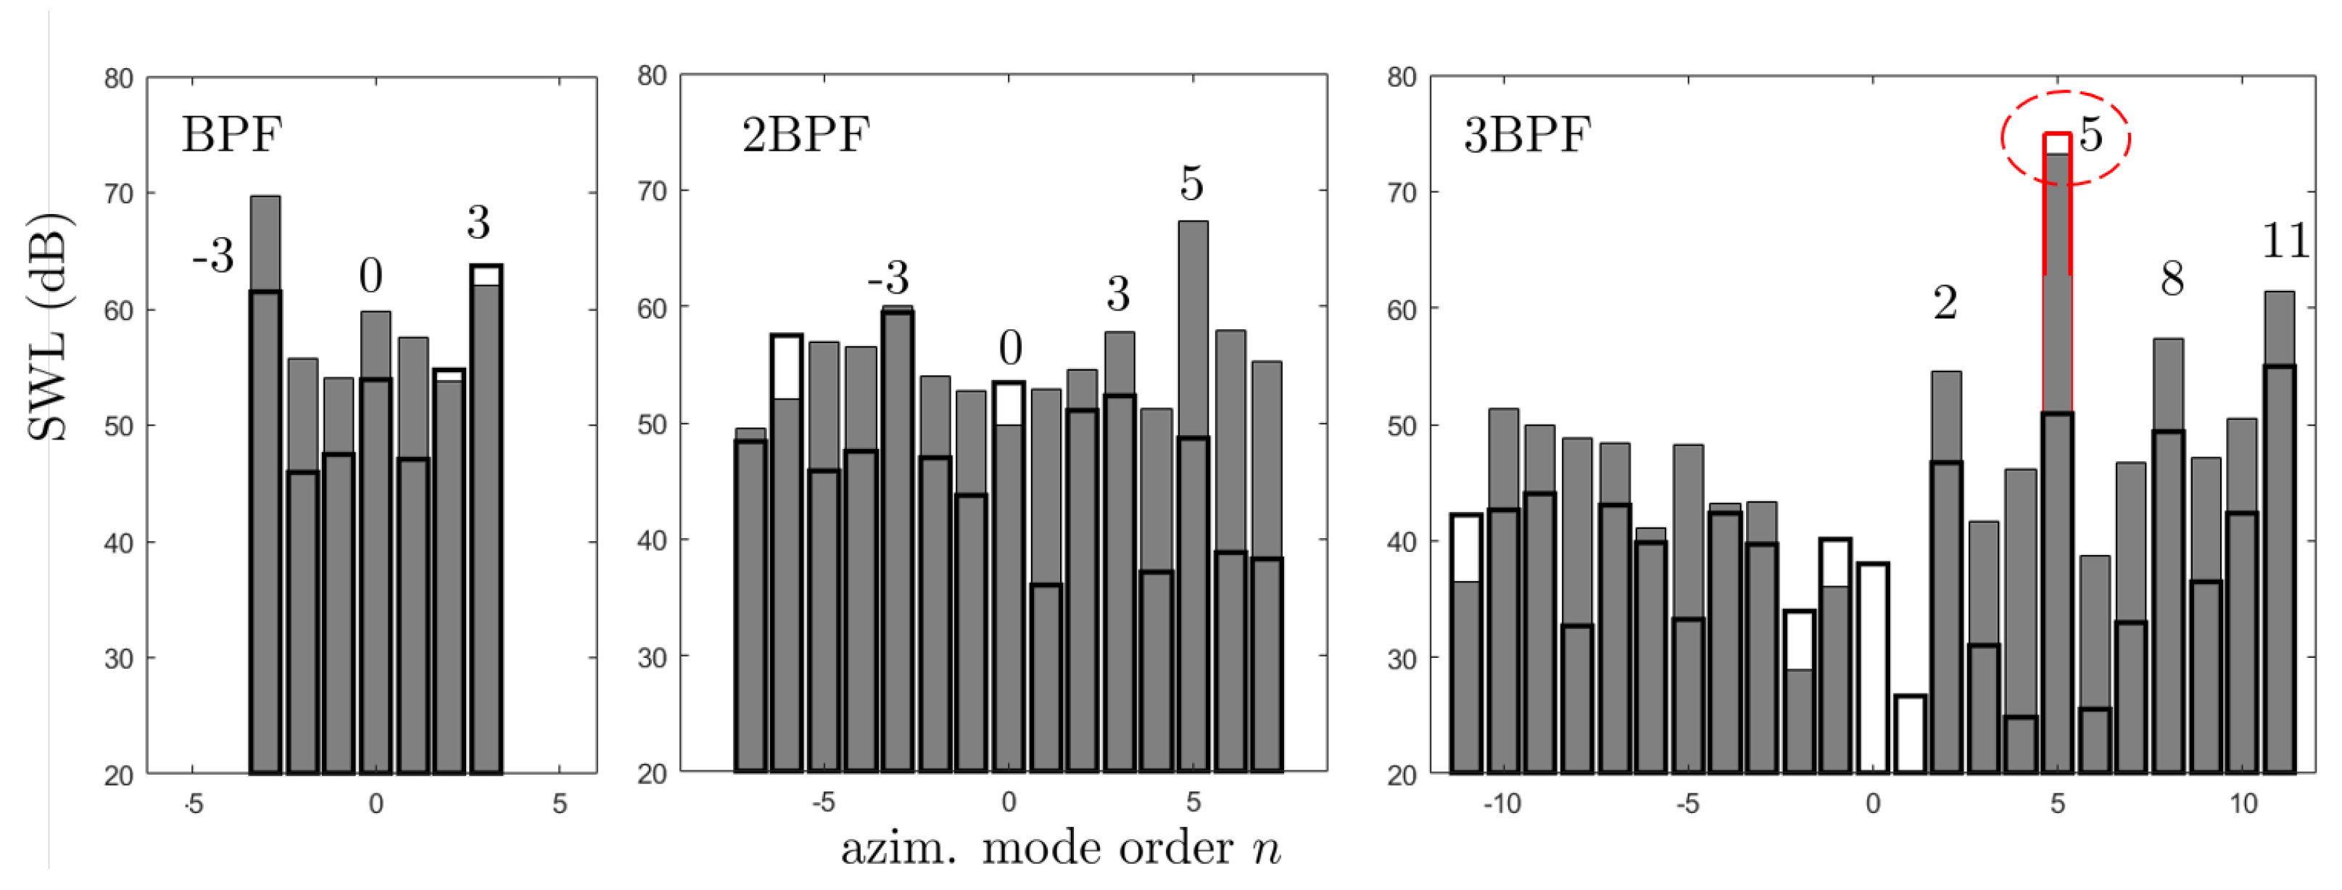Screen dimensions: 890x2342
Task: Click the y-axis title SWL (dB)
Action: (47, 327)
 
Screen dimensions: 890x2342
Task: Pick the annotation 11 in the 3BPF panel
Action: (2285, 242)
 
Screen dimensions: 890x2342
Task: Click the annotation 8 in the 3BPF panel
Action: (2172, 279)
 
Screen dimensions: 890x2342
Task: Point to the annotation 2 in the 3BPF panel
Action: (1945, 302)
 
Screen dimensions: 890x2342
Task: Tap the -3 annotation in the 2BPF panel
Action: (887, 276)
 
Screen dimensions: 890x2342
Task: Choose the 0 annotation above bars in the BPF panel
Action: (370, 276)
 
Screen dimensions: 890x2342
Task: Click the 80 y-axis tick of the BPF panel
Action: (118, 79)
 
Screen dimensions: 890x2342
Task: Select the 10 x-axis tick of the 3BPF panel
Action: (2243, 804)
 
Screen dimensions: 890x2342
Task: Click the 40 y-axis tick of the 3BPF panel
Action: (1401, 542)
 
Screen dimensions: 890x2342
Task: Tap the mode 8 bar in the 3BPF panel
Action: (2169, 556)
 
